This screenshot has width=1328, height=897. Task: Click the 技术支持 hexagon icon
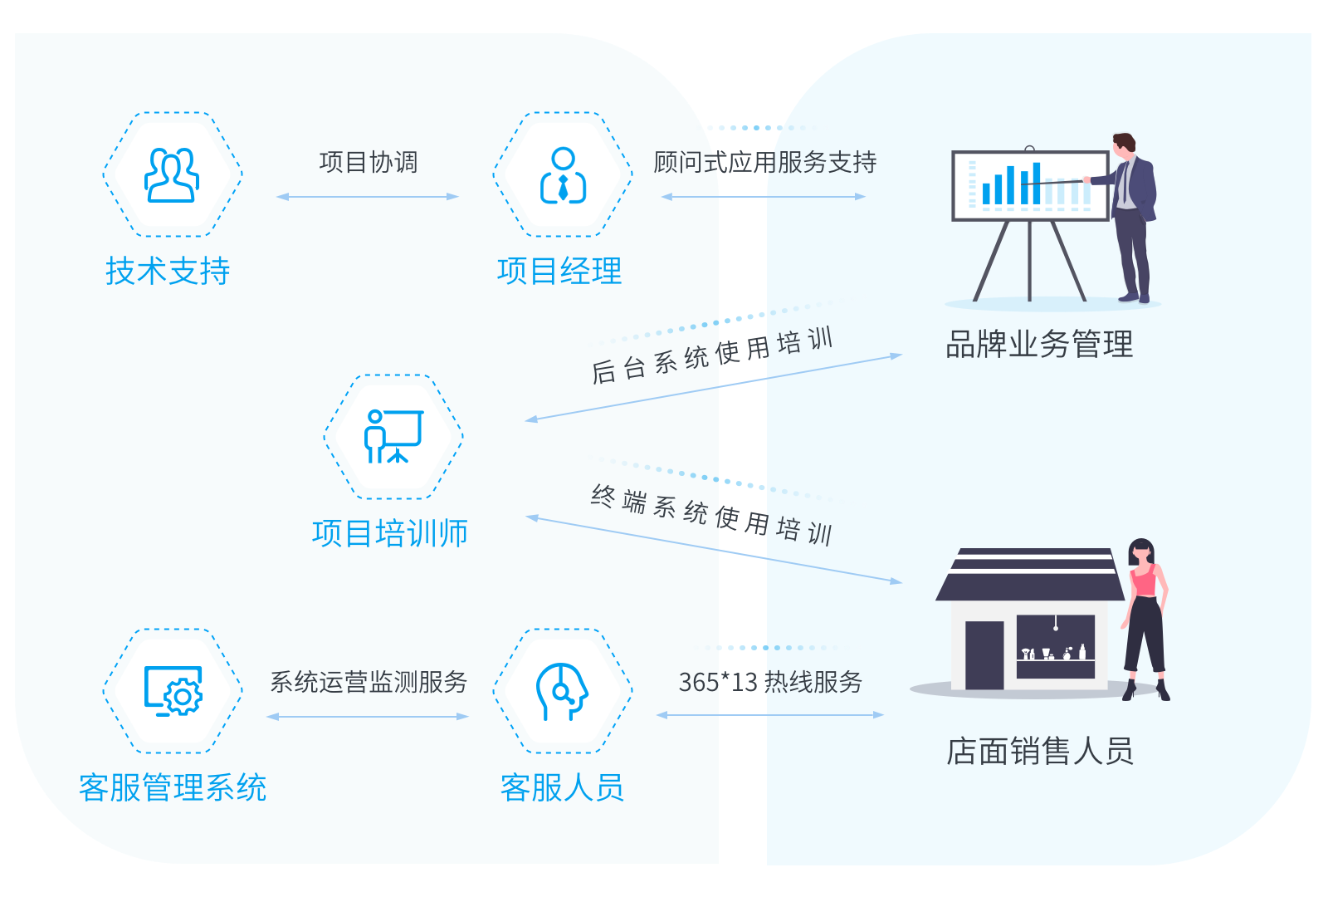173,174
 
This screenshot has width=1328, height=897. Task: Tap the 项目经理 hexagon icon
563,174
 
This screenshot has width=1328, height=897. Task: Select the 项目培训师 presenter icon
393,437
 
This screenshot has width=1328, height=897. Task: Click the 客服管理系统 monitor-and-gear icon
173,691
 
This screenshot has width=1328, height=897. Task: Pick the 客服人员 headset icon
563,691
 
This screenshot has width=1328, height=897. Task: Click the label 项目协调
368,162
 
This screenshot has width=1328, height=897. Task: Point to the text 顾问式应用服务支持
764,162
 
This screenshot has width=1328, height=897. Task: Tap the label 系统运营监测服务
368,682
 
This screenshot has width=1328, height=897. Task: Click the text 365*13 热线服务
770,682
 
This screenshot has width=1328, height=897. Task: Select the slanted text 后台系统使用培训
711,355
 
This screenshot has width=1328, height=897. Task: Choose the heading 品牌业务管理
1039,344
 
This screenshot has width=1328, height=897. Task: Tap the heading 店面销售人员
1039,751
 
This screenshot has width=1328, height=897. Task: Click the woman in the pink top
1145,615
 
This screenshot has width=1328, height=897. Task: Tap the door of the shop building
984,654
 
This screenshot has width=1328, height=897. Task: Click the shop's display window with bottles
1055,646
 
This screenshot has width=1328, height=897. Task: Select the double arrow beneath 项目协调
368,197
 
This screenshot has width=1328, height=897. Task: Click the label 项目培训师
390,533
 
